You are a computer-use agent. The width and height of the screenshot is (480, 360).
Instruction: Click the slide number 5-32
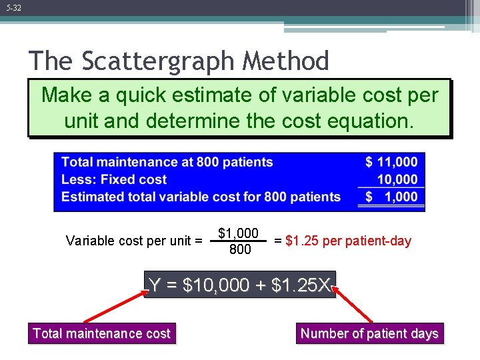point(13,8)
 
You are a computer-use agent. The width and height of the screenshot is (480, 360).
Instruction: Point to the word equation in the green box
point(369,121)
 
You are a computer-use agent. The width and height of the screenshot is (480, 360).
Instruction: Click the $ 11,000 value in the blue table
point(391,162)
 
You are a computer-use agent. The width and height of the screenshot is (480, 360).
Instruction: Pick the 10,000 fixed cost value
point(397,179)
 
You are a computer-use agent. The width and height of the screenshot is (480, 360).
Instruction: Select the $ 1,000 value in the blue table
point(391,197)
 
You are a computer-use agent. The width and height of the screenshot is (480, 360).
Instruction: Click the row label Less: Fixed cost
point(113,179)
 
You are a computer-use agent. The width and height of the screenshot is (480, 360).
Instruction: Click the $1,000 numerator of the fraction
point(238,233)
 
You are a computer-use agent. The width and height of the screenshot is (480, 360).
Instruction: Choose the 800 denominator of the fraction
point(240,250)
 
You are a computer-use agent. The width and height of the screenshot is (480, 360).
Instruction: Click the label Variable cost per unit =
point(134,241)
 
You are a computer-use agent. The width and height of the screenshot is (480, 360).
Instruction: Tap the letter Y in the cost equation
point(155,286)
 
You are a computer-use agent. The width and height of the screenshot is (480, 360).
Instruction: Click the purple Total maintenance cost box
point(101,333)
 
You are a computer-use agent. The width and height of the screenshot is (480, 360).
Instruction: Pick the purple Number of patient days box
point(369,333)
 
